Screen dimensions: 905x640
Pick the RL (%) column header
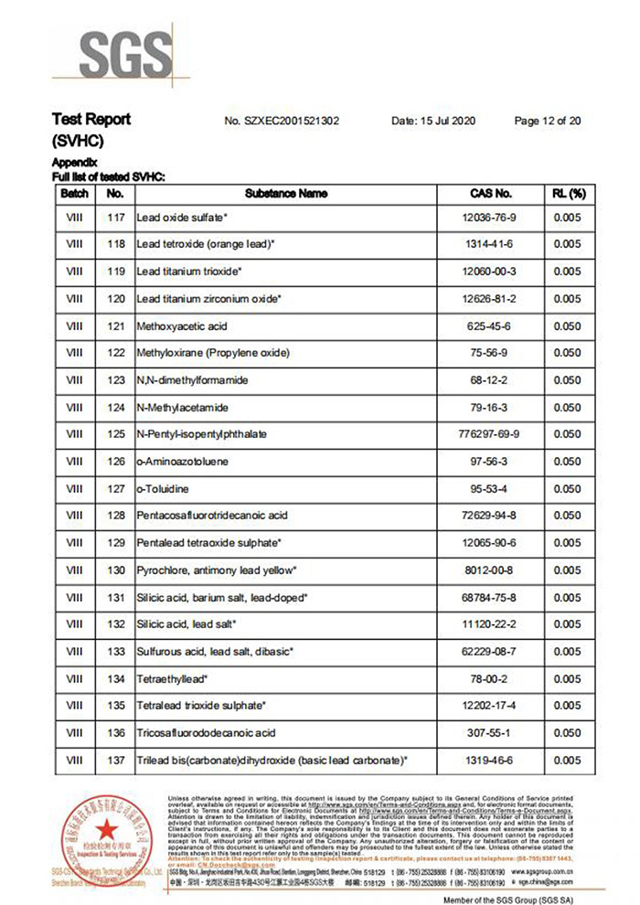pos(567,194)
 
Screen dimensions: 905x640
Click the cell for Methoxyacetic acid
pos(181,326)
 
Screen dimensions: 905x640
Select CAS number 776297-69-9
pos(491,434)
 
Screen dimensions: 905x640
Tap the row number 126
pos(115,462)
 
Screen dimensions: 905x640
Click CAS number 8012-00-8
pos(491,570)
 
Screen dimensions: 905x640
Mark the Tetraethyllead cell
pos(172,679)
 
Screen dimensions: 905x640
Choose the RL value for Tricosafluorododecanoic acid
pos(567,733)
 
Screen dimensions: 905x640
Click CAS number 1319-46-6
pos(491,761)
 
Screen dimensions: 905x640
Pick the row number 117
pos(115,218)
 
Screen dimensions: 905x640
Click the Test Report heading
pos(91,120)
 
